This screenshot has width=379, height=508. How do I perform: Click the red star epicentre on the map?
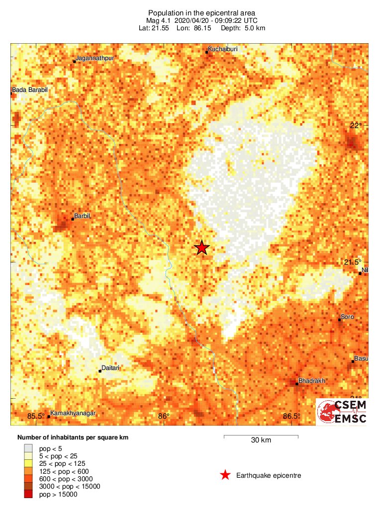(x=201, y=247)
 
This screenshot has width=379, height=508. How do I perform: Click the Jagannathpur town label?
(x=95, y=58)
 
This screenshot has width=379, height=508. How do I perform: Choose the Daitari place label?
(x=110, y=368)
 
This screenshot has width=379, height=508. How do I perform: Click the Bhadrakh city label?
(x=311, y=381)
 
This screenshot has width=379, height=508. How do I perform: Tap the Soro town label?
(x=347, y=316)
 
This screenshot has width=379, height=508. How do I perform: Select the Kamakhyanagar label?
(x=73, y=413)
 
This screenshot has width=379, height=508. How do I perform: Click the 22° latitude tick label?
(x=354, y=126)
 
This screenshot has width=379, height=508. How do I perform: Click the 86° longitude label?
(x=164, y=416)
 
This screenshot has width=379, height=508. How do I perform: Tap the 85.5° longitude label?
(x=36, y=416)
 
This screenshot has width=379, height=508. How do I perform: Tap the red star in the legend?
(x=225, y=476)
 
